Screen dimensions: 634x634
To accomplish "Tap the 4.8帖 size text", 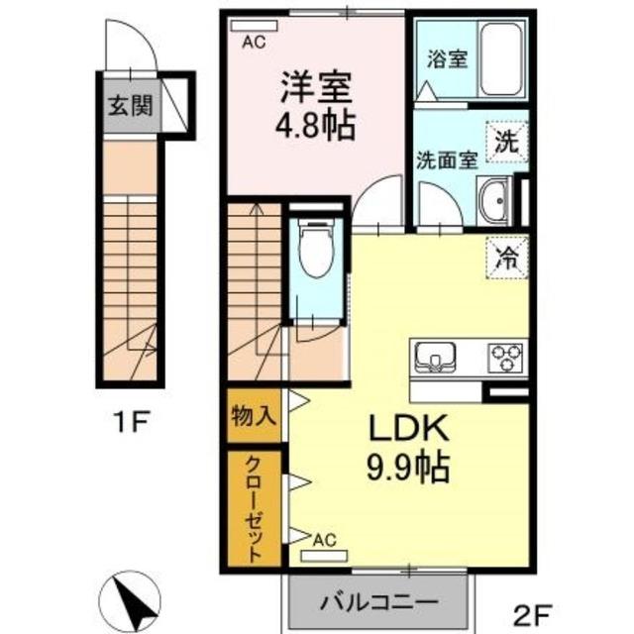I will (314, 127).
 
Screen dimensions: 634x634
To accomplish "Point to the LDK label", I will (409, 429).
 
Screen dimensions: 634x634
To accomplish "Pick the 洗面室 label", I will (447, 158).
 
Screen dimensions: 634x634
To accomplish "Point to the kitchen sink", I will (435, 357).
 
